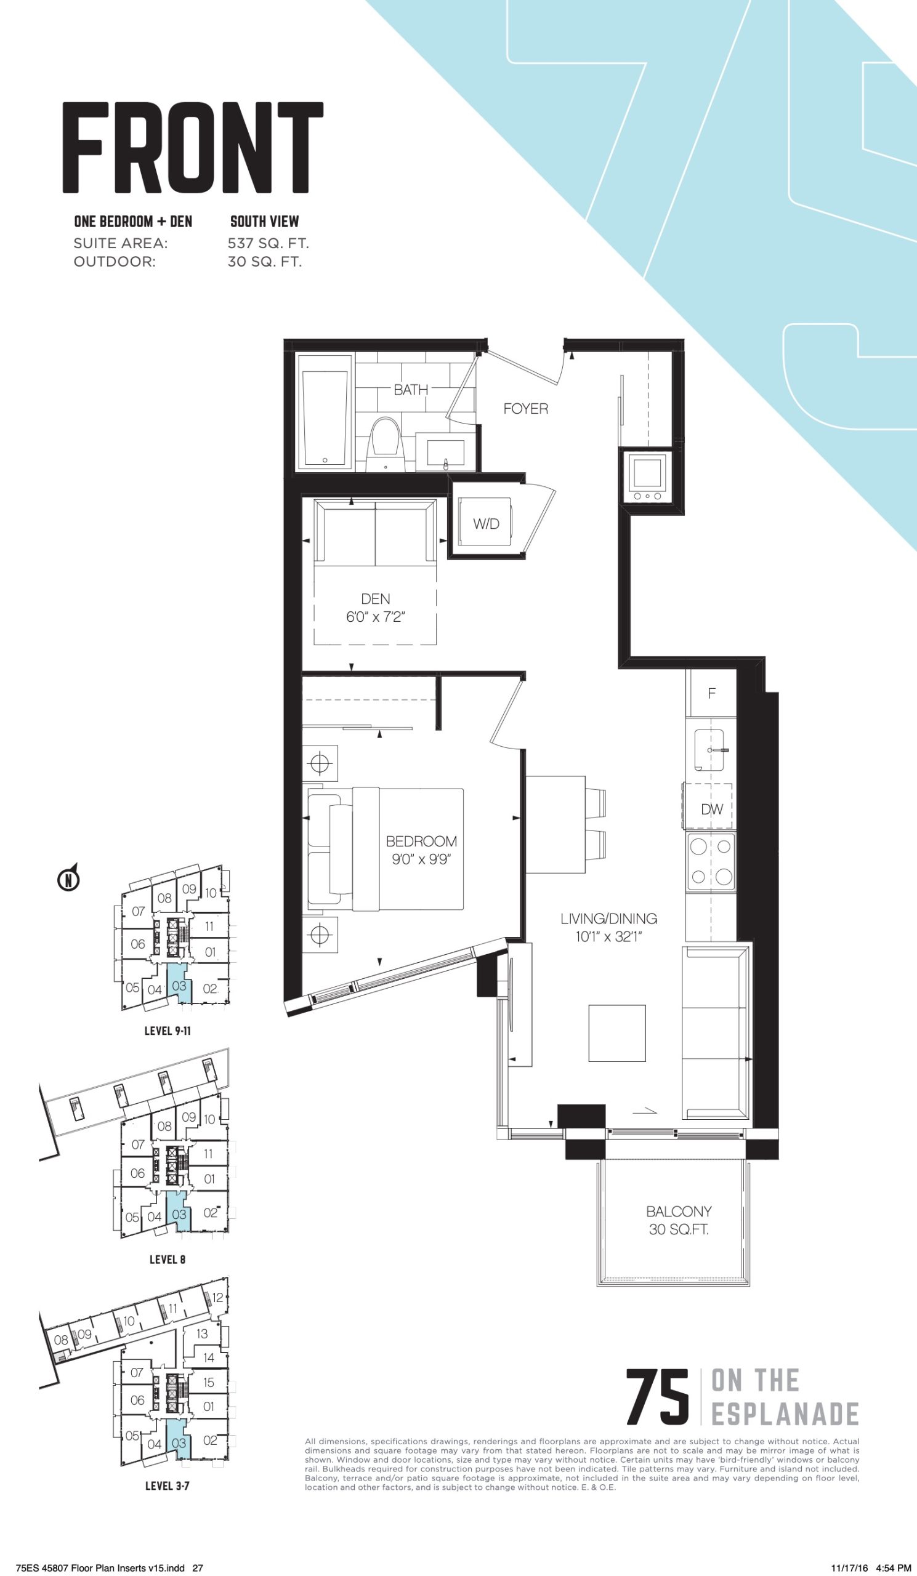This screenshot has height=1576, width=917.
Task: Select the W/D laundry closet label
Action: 486,524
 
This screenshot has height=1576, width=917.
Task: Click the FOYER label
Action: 525,409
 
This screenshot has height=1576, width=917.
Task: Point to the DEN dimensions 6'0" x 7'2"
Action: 375,617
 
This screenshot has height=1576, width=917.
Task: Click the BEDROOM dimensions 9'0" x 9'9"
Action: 422,859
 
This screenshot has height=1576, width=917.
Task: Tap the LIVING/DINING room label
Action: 608,919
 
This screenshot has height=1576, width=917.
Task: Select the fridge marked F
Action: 711,693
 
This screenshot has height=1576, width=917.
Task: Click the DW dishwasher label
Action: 711,810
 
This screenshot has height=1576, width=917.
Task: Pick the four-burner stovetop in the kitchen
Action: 711,862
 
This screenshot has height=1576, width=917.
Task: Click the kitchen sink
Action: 709,750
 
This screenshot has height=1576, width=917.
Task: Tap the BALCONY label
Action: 679,1212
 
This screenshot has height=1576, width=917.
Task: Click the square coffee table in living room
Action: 616,1033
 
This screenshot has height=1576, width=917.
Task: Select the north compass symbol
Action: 68,878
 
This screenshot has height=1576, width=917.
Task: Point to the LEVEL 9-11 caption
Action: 168,1031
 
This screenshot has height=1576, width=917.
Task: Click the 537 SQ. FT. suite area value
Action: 269,243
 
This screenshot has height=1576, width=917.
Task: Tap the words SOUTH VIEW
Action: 265,221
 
